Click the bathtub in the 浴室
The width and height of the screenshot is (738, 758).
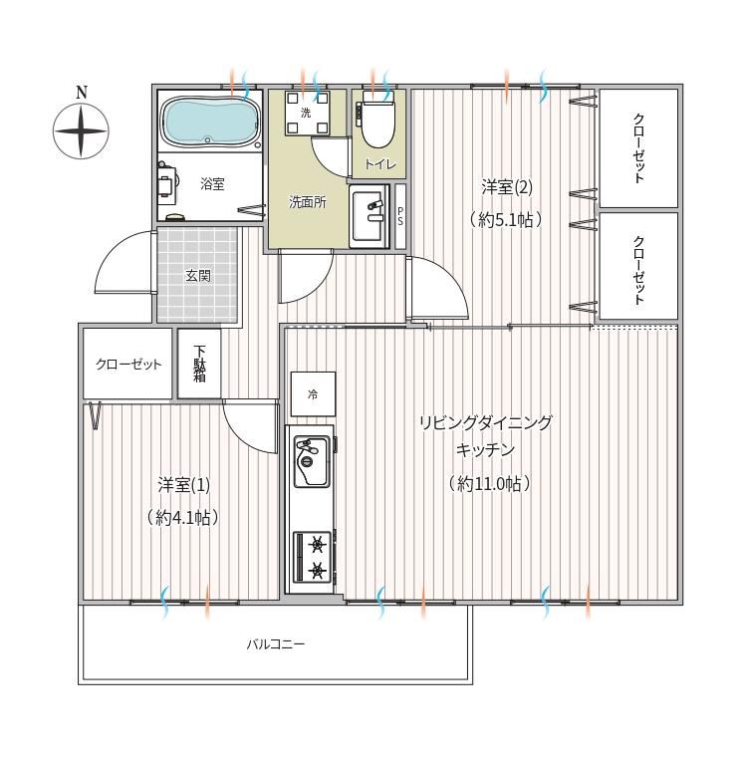click(210, 122)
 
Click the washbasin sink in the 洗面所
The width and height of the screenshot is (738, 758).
click(369, 215)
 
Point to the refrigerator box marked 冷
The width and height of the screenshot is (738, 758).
click(313, 394)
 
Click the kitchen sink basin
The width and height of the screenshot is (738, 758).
click(312, 461)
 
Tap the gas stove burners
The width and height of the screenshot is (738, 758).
click(313, 558)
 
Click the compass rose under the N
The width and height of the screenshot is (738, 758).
click(81, 131)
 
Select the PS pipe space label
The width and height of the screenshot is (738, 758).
click(400, 216)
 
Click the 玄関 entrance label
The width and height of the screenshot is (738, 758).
click(198, 276)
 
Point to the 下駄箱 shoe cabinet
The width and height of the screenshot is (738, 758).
click(199, 364)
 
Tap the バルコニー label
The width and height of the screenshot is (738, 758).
click(276, 643)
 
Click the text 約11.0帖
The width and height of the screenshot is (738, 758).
click(489, 483)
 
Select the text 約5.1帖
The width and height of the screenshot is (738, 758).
click(506, 220)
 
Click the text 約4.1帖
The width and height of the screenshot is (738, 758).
click(183, 518)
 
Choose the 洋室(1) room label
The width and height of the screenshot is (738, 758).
click(183, 485)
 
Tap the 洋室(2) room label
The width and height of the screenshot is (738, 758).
click(507, 187)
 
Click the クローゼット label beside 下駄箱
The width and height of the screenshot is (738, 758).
click(128, 364)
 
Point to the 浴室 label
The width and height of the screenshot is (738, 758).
click(213, 183)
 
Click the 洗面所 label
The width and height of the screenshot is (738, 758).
click(308, 202)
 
